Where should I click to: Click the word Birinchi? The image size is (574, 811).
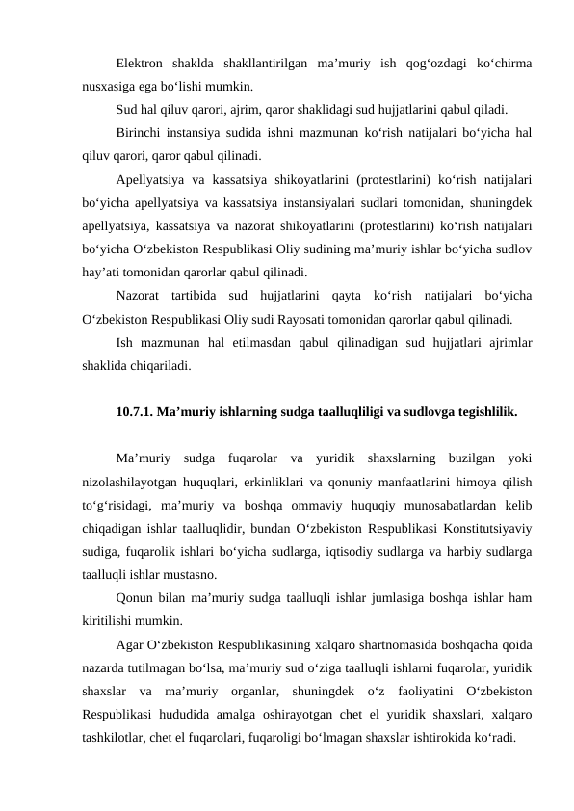pos(141,131)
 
